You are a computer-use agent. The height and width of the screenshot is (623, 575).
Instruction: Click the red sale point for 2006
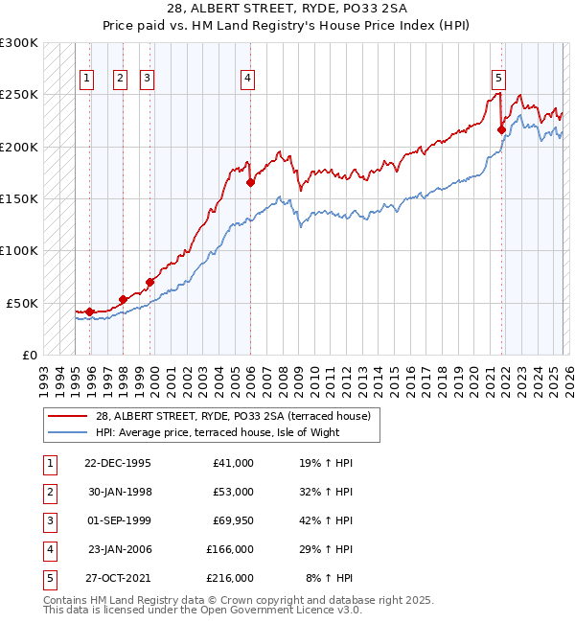click(x=250, y=182)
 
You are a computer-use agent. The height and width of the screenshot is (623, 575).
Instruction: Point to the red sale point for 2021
click(x=501, y=129)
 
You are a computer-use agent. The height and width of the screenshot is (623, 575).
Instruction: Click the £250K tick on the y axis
click(x=19, y=95)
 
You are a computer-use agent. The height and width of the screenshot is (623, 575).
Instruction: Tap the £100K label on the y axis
click(x=19, y=250)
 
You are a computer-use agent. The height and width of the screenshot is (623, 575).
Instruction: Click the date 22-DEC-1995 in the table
click(x=118, y=463)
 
